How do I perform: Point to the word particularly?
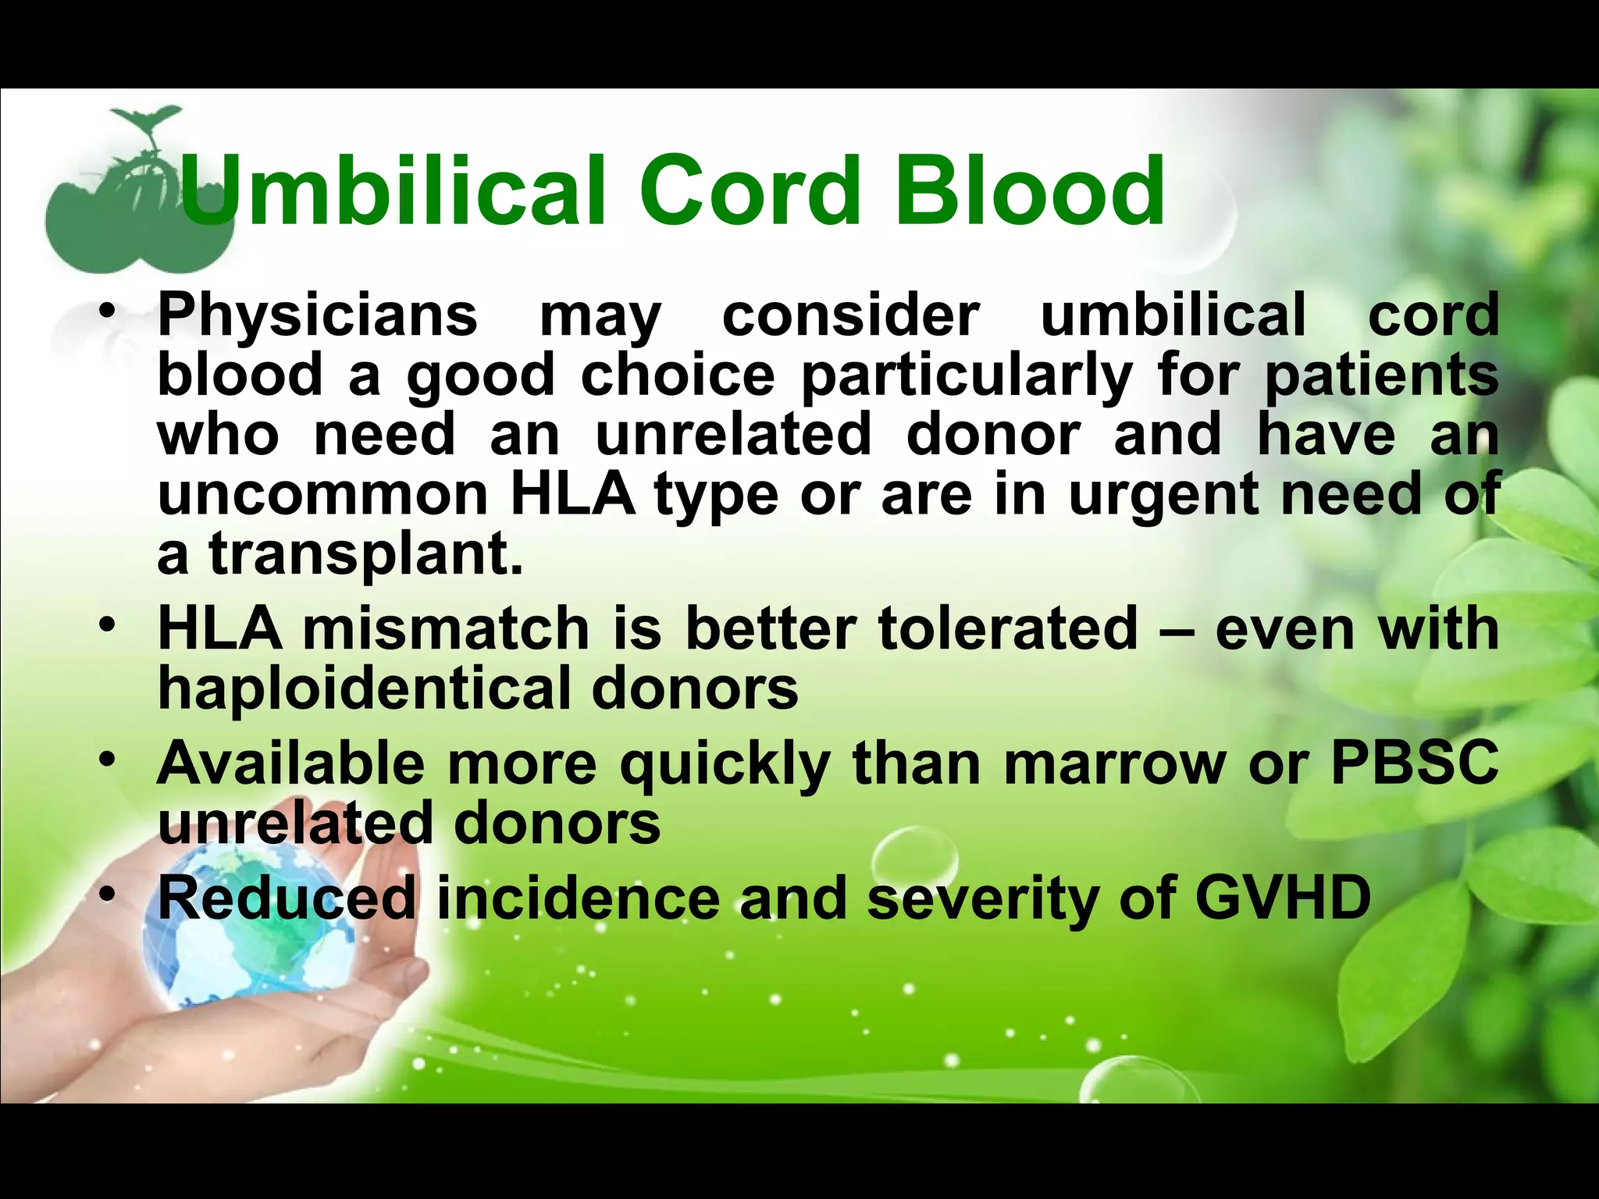965,376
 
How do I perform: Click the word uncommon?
322,495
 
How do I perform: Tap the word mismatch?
446,629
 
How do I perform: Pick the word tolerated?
1008,629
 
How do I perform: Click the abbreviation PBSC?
1414,763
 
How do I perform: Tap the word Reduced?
287,898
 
